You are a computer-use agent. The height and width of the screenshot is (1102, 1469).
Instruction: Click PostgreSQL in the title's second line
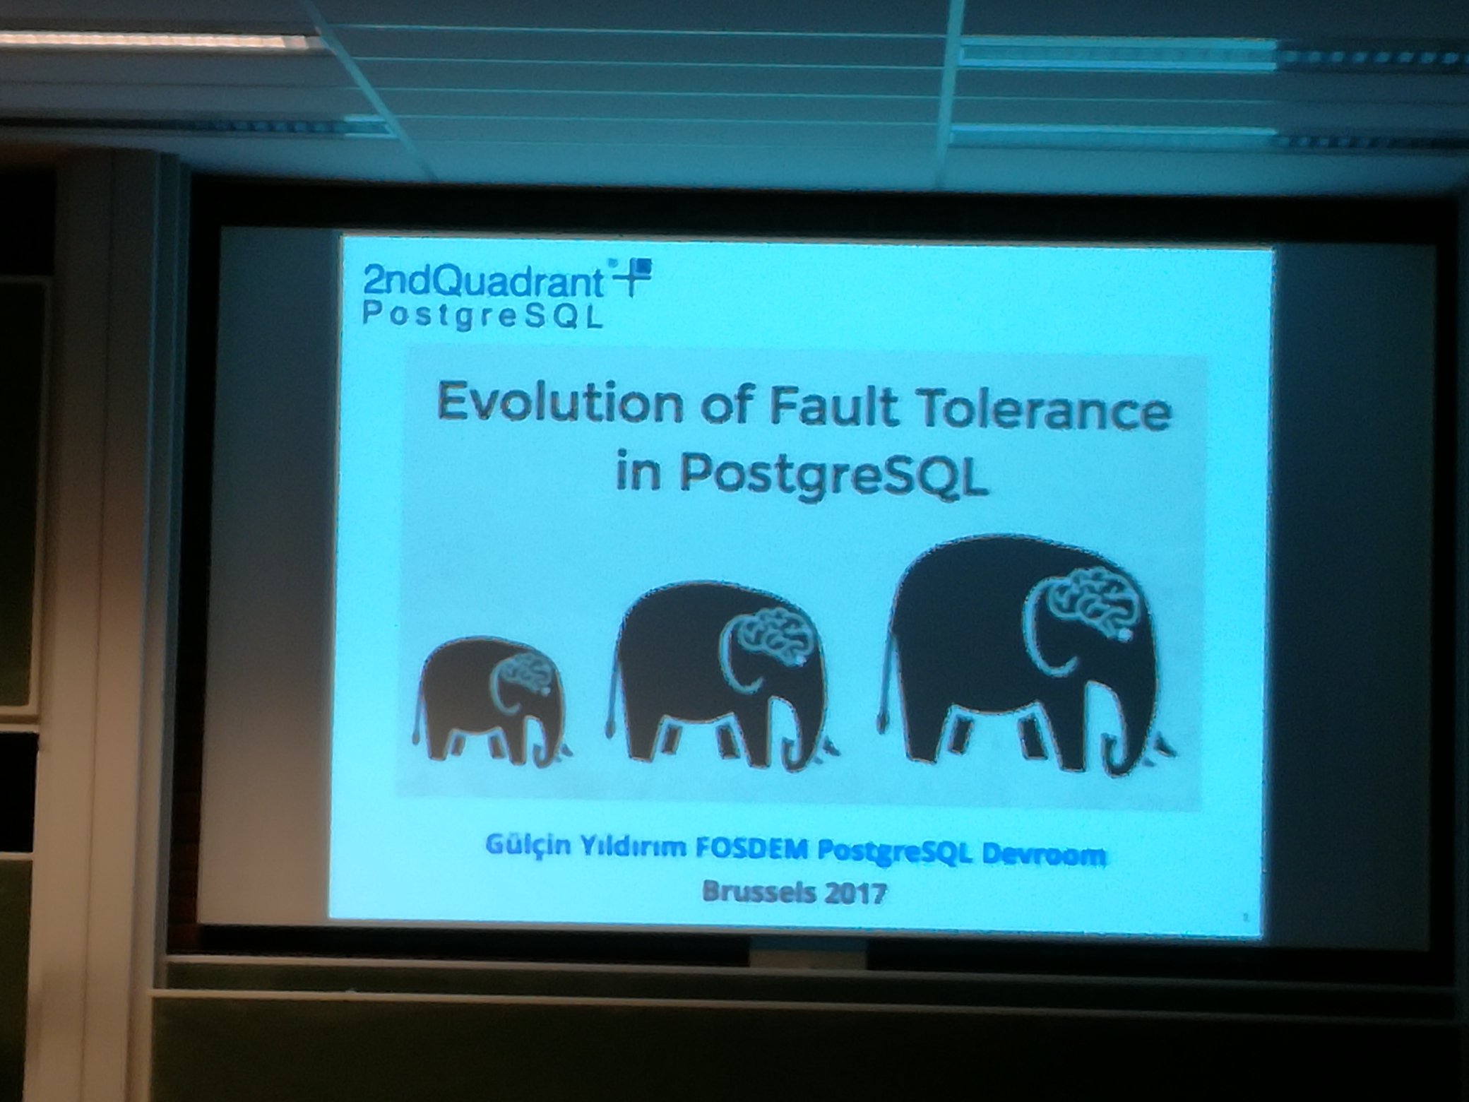click(x=833, y=475)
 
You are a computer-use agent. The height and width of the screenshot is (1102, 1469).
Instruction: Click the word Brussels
click(x=754, y=891)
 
